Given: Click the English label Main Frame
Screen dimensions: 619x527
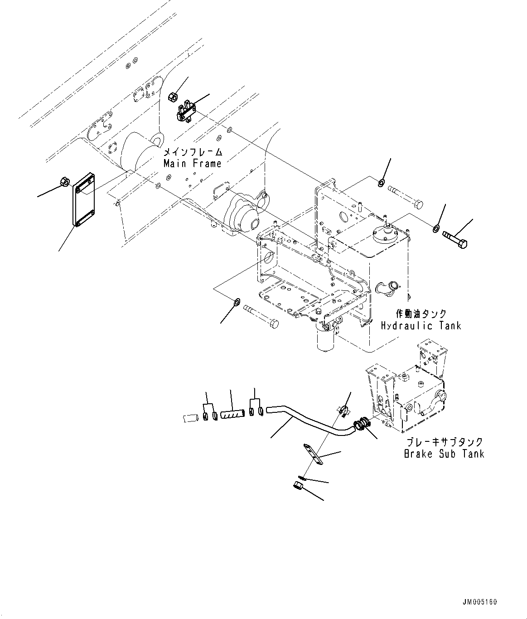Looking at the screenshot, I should click(x=193, y=163).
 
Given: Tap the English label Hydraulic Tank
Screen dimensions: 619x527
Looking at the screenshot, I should click(x=421, y=325).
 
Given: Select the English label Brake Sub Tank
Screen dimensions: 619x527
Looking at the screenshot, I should click(x=444, y=454).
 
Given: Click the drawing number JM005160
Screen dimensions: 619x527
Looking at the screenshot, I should click(x=480, y=602).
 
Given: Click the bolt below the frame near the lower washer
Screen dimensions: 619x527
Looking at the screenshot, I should click(x=261, y=316).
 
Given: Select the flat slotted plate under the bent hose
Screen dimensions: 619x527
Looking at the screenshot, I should click(x=314, y=454).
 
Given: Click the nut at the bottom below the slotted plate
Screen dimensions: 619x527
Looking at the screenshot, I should click(x=298, y=487).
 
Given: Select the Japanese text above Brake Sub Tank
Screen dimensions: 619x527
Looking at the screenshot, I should click(x=444, y=442).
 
